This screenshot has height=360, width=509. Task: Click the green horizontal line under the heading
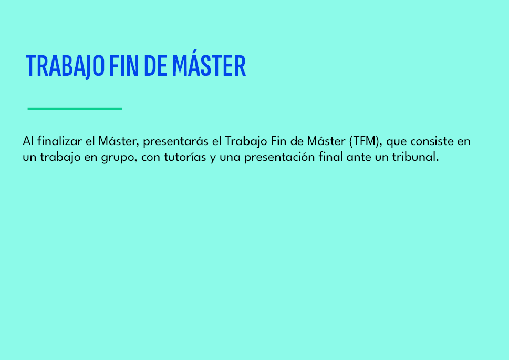(75, 109)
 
